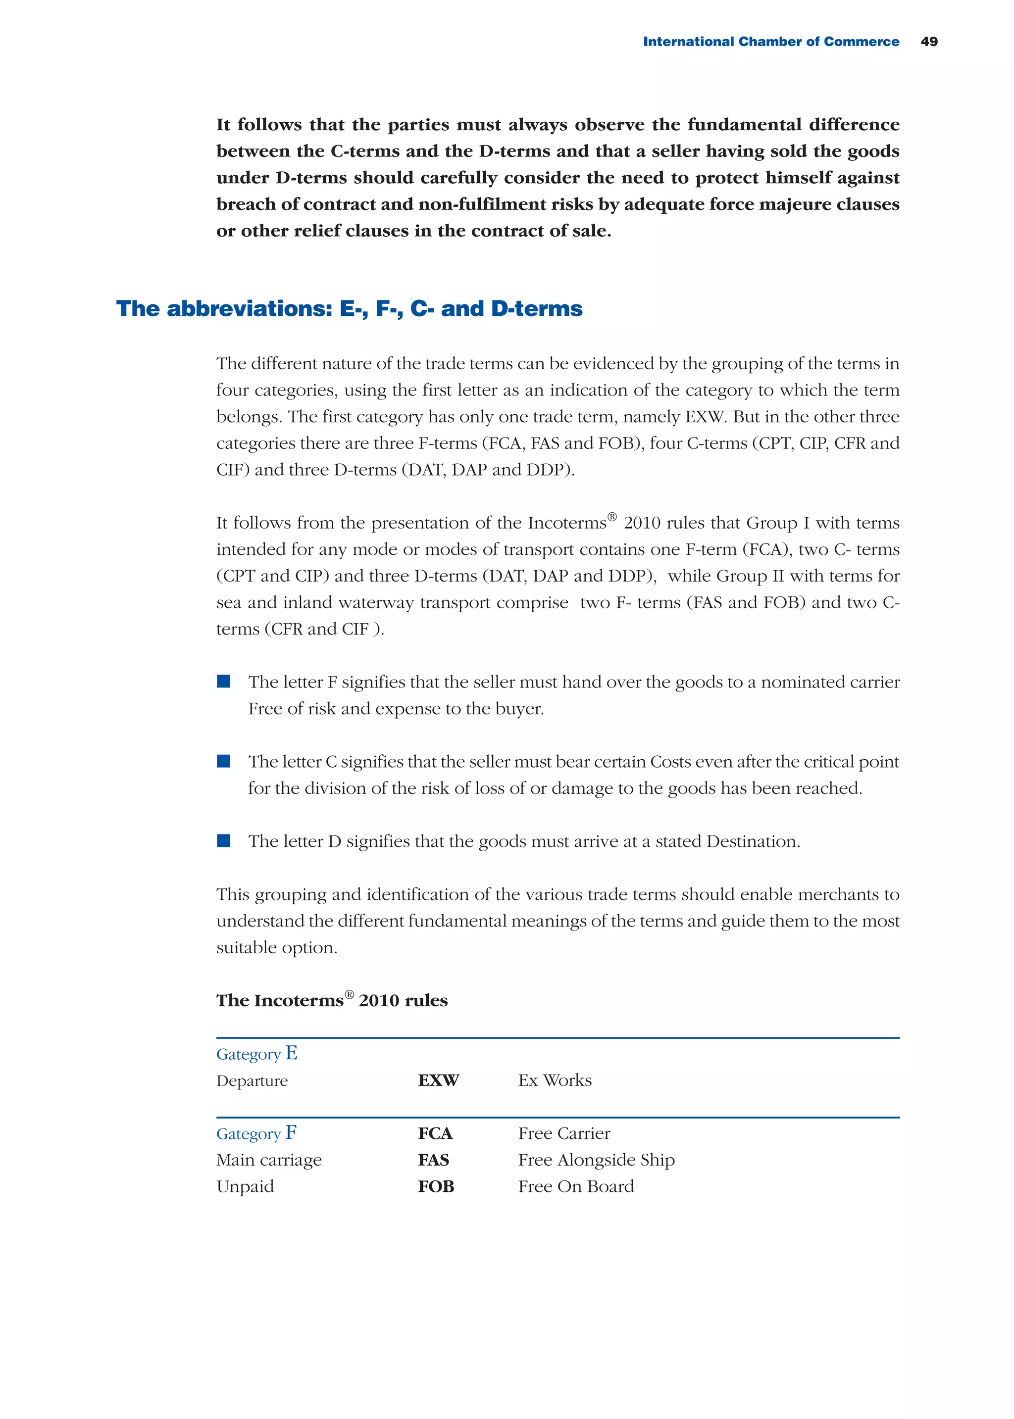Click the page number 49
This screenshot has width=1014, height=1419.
tap(928, 42)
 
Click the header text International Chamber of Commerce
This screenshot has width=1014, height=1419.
tap(770, 42)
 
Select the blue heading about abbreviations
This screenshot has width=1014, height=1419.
tap(349, 309)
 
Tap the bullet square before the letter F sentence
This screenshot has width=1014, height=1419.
tap(223, 682)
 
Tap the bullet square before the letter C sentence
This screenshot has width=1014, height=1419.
tap(223, 761)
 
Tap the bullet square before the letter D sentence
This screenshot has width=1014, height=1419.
tap(223, 840)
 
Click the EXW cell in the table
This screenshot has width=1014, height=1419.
tap(438, 1080)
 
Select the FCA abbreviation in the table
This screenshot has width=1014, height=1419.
tap(435, 1133)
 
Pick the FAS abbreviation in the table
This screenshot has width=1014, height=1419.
tap(433, 1160)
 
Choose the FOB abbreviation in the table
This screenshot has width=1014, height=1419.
tap(436, 1186)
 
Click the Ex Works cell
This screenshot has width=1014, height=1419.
tap(555, 1080)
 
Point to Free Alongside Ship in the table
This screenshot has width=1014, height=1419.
tap(596, 1160)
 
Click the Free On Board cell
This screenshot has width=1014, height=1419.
tap(576, 1186)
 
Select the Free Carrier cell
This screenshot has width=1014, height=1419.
tap(564, 1133)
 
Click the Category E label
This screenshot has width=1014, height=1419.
tap(256, 1054)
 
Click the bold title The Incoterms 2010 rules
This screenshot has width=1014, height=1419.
tap(332, 1000)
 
